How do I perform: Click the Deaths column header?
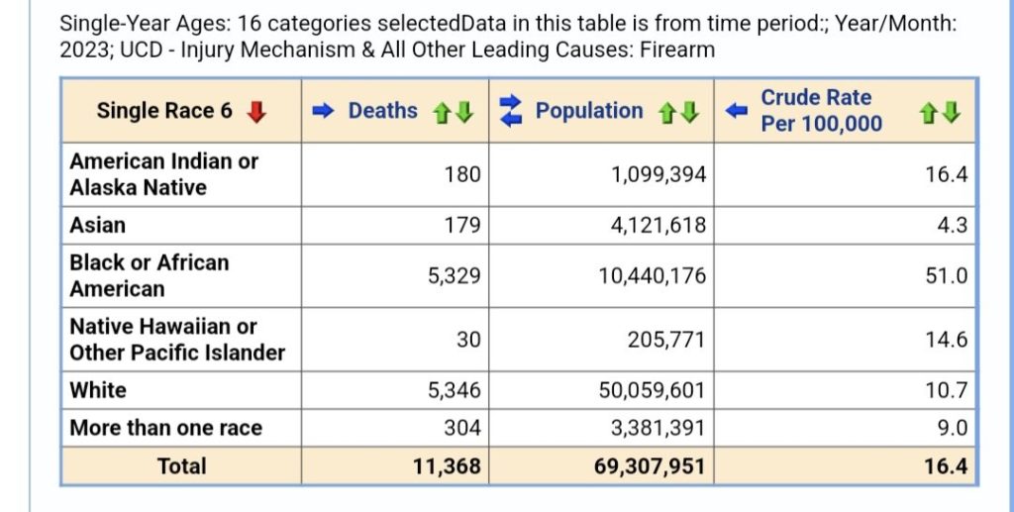(382, 111)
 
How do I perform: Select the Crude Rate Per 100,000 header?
(815, 110)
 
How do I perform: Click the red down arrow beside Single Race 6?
(256, 112)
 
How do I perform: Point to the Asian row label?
(97, 226)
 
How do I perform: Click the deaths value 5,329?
(454, 275)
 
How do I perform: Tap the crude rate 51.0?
(947, 275)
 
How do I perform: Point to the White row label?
(98, 390)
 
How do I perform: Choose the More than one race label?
(165, 428)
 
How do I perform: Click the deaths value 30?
(468, 340)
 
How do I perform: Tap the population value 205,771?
(666, 340)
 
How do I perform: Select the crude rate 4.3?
(952, 226)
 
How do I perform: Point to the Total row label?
(181, 465)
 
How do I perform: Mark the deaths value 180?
(461, 174)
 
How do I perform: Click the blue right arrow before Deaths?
(324, 111)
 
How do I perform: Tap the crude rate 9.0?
(952, 428)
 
